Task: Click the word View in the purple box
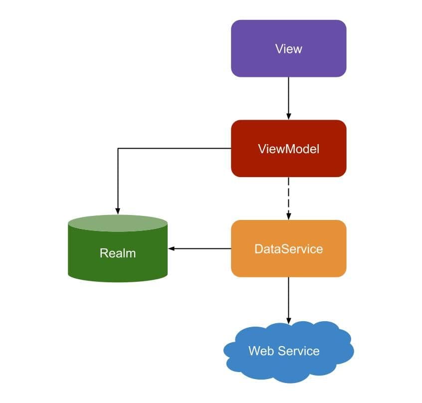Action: [x=288, y=49]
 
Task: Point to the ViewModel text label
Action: [x=288, y=149]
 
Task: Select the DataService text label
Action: [x=288, y=248]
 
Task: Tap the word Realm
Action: [x=118, y=253]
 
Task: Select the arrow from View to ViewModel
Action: [x=288, y=97]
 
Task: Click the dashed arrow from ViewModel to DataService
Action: [x=288, y=197]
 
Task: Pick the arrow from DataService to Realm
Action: [x=200, y=248]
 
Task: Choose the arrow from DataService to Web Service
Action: [x=288, y=299]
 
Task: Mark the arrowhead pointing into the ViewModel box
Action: [x=288, y=117]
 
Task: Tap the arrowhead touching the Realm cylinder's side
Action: [x=171, y=248]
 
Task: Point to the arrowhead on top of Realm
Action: [x=118, y=210]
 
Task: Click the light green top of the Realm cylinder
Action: [x=118, y=223]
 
